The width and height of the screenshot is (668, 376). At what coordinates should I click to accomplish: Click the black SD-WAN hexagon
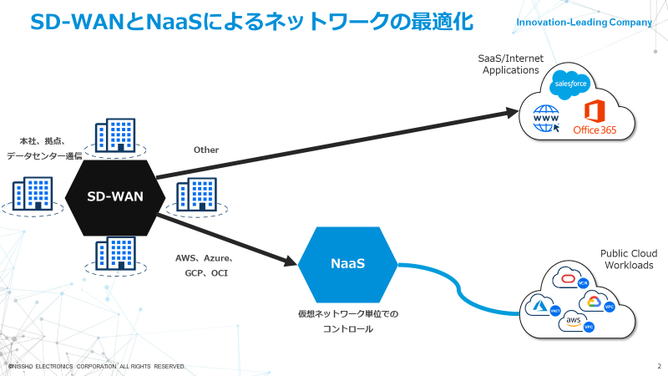(x=115, y=197)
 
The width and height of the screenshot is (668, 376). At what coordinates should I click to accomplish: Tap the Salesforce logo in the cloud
(x=572, y=84)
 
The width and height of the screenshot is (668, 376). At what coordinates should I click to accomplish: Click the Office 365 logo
(x=594, y=119)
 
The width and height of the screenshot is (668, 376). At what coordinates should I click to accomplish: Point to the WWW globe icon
(x=546, y=120)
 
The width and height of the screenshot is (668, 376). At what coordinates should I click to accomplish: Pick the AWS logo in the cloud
(x=574, y=321)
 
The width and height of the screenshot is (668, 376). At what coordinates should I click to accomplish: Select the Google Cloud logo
(x=593, y=302)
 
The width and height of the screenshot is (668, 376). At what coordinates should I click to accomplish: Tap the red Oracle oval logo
(x=570, y=279)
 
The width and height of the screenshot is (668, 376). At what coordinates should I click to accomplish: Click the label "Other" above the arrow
(x=205, y=150)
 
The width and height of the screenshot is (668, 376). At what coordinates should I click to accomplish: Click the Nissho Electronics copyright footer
(x=96, y=367)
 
